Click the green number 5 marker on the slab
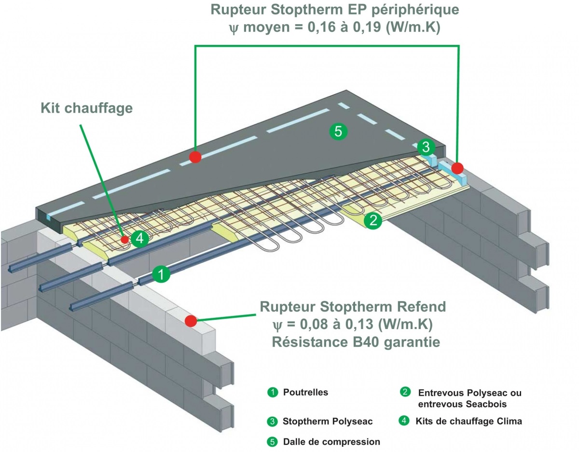pyautogui.click(x=338, y=131)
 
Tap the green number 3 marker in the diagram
pyautogui.click(x=426, y=148)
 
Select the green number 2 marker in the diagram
pyautogui.click(x=373, y=221)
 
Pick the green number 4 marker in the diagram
pyautogui.click(x=139, y=238)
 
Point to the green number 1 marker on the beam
pyautogui.click(x=161, y=274)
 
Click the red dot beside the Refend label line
pyautogui.click(x=191, y=321)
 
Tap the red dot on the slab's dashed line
pyautogui.click(x=195, y=157)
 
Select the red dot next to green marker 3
pyautogui.click(x=457, y=168)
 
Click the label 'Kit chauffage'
pyautogui.click(x=86, y=108)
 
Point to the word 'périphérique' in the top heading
pyautogui.click(x=409, y=10)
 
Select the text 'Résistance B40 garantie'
pyautogui.click(x=356, y=342)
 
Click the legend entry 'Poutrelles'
pyautogui.click(x=305, y=392)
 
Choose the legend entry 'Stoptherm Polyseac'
pyautogui.click(x=328, y=422)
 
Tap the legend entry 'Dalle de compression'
pyautogui.click(x=331, y=441)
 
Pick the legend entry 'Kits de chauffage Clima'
pyautogui.click(x=469, y=421)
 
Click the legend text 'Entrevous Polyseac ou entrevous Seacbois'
pyautogui.click(x=469, y=398)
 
